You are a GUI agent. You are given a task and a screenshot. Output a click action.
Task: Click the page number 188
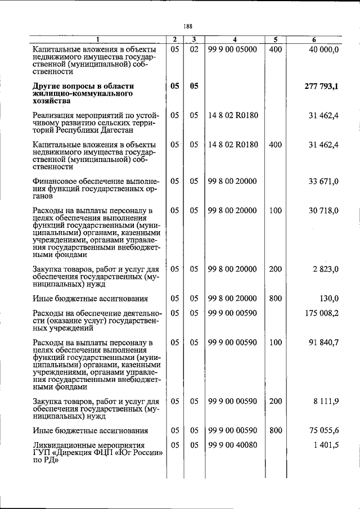pyautogui.click(x=188, y=25)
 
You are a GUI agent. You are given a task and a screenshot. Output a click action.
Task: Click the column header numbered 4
pyautogui.click(x=235, y=39)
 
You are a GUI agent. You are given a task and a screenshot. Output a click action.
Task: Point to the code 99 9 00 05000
pyautogui.click(x=232, y=49)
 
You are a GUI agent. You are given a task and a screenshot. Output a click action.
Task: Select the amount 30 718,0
pyautogui.click(x=323, y=210)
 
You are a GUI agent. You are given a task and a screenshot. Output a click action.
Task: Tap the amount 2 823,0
pyautogui.click(x=325, y=269)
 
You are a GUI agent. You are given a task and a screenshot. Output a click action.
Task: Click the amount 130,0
pyautogui.click(x=328, y=299)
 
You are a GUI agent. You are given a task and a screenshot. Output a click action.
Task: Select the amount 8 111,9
pyautogui.click(x=325, y=402)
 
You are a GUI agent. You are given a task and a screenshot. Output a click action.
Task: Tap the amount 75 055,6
pyautogui.click(x=323, y=431)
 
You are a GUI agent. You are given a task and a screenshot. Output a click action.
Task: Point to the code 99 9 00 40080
pyautogui.click(x=232, y=445)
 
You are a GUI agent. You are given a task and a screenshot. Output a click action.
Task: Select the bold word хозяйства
pyautogui.click(x=53, y=101)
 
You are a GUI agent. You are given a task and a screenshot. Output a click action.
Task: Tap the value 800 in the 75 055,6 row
pyautogui.click(x=275, y=431)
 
